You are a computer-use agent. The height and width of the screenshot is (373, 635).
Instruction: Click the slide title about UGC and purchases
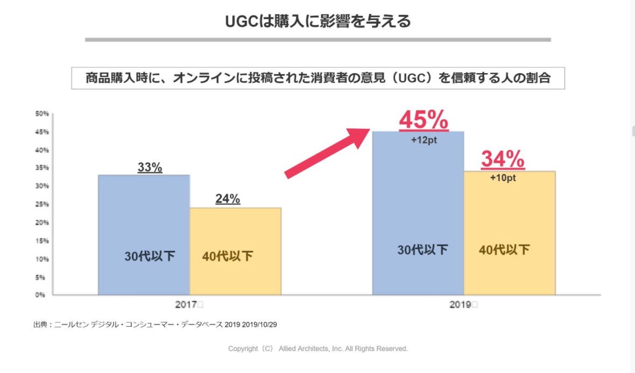click(317, 21)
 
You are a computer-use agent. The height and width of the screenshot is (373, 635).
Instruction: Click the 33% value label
click(150, 167)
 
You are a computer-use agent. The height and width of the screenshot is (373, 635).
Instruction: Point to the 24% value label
click(228, 199)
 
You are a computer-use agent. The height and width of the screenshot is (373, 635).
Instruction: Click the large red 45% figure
click(424, 120)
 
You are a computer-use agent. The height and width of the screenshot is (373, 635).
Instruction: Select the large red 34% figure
click(503, 159)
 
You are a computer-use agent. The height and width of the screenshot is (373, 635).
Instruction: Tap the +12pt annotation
click(424, 139)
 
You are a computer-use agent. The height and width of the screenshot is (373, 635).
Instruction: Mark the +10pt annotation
click(503, 178)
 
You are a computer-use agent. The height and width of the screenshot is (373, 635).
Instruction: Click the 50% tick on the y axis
click(42, 113)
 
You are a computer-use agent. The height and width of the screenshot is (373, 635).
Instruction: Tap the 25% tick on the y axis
click(42, 204)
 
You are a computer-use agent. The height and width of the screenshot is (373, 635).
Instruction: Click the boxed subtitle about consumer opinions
click(318, 78)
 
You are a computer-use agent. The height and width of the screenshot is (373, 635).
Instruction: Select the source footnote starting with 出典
click(155, 325)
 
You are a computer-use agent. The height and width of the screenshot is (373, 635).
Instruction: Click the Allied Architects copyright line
click(317, 348)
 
